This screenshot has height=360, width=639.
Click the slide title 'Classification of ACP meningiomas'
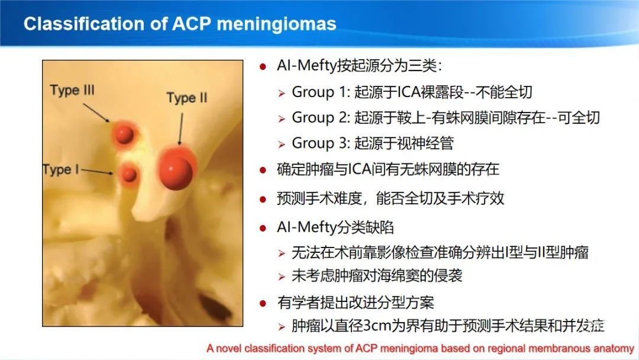point(180,24)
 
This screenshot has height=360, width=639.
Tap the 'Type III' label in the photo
point(72,90)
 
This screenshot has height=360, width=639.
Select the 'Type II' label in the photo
point(186,98)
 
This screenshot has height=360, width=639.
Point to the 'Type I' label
point(61,169)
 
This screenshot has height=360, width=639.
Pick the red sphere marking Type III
point(124,134)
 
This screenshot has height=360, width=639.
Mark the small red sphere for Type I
point(130,174)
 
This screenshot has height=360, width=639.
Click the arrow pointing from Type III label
point(96,112)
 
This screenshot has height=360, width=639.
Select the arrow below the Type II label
point(180,129)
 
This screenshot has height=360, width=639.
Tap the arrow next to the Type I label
point(97,172)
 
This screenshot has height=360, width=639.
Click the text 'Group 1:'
point(321,92)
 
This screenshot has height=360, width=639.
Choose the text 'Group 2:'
point(321,118)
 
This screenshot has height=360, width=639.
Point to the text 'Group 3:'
point(321,143)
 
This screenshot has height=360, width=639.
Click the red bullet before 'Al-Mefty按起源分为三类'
point(263,66)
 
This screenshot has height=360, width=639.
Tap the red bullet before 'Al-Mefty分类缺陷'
point(263,229)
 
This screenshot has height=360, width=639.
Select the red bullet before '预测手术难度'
point(263,200)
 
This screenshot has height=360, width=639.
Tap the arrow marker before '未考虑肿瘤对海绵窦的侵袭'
point(282,277)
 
